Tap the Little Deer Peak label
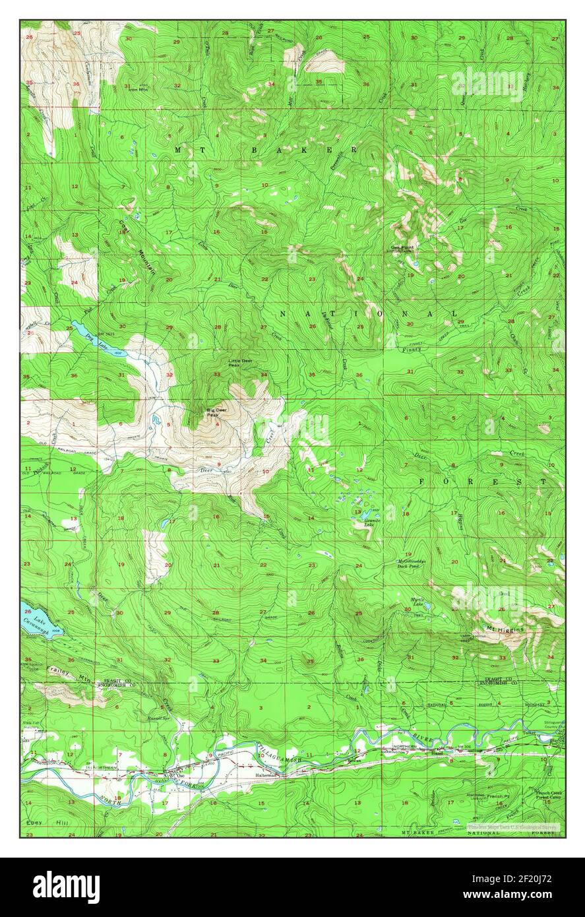239,362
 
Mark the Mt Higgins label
505,629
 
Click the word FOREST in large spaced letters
483,482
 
